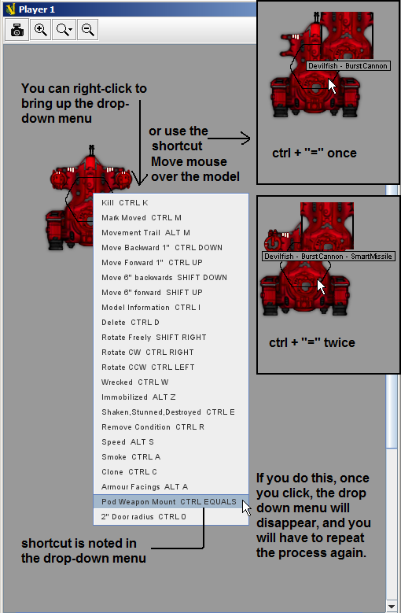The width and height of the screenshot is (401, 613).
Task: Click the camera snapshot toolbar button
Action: point(17,30)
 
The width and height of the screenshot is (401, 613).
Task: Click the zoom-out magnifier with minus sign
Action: point(87,30)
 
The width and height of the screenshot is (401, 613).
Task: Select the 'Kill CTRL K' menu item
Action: point(124,202)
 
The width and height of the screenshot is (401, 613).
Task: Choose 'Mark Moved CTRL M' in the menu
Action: point(142,218)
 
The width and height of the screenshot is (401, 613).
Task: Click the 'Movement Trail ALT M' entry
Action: point(145,233)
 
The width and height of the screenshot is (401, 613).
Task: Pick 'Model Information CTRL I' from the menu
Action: point(151,307)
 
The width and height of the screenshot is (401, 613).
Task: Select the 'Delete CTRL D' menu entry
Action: point(130,323)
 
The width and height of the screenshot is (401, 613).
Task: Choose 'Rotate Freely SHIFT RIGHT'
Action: point(154,338)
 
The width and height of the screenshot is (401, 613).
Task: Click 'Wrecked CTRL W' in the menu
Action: point(134,382)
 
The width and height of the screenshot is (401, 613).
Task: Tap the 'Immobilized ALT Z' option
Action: point(138,397)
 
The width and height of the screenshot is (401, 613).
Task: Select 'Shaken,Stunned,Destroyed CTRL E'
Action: point(168,412)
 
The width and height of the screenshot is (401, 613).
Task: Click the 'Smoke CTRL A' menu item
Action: point(131,457)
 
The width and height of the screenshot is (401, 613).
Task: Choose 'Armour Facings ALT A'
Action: point(145,487)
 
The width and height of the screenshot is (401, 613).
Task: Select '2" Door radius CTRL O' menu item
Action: point(144,517)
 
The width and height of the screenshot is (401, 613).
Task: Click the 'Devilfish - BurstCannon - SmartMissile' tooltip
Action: point(329,257)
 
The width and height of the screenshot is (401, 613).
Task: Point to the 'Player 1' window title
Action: point(37,9)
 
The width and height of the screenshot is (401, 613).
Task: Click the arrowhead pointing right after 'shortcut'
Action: point(246,138)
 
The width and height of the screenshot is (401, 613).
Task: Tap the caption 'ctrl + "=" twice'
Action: point(312,342)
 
